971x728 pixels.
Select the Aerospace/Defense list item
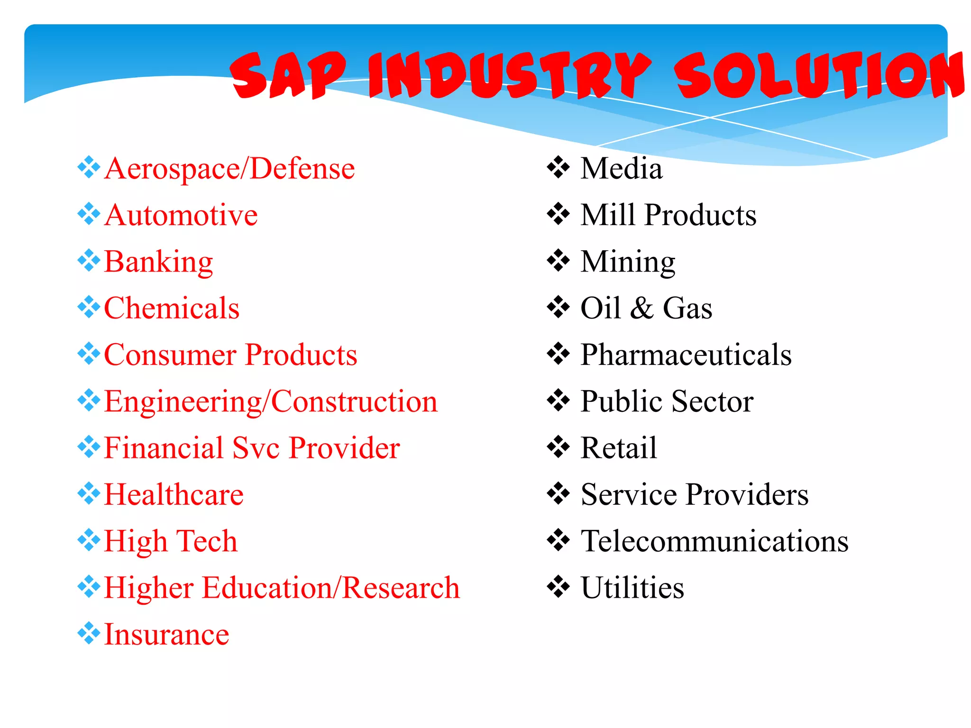(x=229, y=169)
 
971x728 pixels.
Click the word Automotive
(x=181, y=215)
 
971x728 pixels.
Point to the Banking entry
(x=158, y=262)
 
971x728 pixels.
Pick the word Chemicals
(x=172, y=308)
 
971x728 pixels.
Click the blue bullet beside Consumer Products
(x=89, y=354)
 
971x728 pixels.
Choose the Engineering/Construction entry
(x=271, y=401)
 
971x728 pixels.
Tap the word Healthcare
(x=174, y=494)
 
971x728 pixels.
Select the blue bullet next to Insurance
(x=89, y=633)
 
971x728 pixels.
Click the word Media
(x=621, y=169)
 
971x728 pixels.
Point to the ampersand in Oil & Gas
(x=642, y=308)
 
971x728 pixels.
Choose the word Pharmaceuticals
(x=686, y=355)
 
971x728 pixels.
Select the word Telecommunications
(x=715, y=541)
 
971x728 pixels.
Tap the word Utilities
(x=632, y=588)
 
